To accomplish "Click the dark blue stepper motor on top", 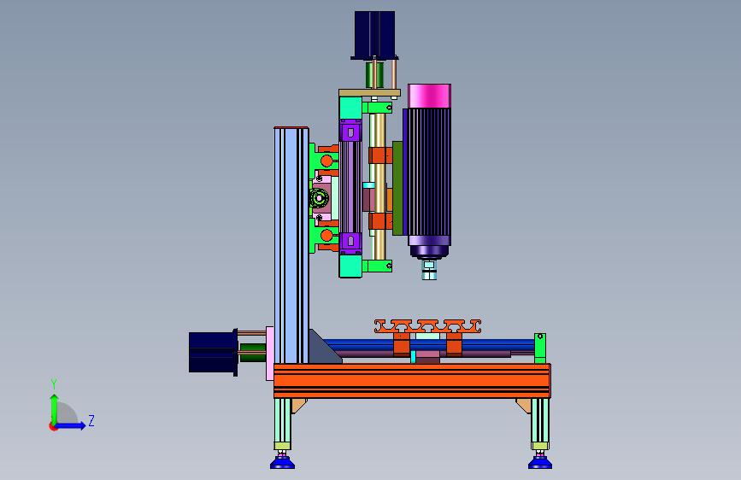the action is coord(374,34).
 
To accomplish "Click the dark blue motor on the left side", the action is coord(213,352).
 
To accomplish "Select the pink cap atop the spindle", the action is coord(429,96).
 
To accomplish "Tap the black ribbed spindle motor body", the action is coord(427,173).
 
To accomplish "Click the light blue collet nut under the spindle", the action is coord(429,271).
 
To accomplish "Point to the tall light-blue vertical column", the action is coord(291,245).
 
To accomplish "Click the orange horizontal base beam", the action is coord(412,380).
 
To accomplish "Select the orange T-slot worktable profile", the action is coord(427,326).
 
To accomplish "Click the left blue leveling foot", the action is coord(282,461).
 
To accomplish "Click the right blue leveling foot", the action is coord(539,461).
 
